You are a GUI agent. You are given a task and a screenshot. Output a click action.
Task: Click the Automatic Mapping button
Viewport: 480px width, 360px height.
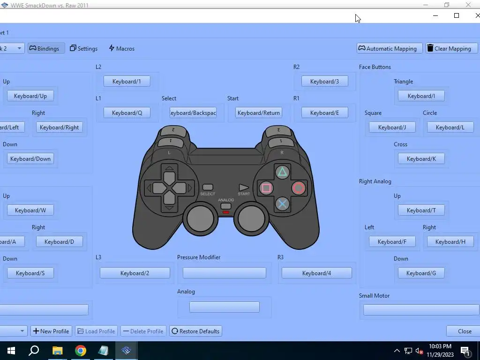[x=390, y=48]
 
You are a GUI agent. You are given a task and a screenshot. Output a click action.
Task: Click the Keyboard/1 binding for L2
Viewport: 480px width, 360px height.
[x=127, y=81]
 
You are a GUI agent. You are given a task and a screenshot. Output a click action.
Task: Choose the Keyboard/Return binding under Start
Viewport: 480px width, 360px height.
[x=258, y=112]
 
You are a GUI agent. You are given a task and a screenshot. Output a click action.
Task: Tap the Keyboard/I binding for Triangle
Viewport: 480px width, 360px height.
[x=421, y=96]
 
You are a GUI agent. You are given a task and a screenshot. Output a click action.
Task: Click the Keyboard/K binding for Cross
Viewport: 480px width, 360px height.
[x=421, y=158]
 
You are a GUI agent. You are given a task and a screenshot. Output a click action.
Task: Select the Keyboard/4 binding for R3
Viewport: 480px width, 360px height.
[x=316, y=273]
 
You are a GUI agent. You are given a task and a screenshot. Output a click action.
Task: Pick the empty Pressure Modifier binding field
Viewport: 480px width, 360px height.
[x=224, y=273]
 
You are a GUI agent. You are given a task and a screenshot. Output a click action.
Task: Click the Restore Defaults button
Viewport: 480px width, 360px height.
[x=195, y=331]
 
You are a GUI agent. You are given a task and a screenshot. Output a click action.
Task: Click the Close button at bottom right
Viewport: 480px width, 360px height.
[x=465, y=331]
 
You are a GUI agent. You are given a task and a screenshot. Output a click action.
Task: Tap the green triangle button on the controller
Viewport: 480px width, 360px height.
[x=282, y=172]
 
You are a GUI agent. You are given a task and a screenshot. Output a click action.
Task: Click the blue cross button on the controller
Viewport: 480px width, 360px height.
[x=282, y=204]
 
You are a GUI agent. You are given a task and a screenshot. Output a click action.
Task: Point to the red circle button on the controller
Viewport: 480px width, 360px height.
[x=299, y=188]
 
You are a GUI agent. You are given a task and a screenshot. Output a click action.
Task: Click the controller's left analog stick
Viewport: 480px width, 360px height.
[x=200, y=218]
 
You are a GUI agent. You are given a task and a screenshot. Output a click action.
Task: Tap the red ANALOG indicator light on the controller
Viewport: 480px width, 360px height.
[x=226, y=212]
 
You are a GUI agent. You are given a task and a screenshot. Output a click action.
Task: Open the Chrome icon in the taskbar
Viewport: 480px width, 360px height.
[x=81, y=351]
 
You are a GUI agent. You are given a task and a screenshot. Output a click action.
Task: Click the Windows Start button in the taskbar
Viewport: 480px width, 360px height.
[x=11, y=351]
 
